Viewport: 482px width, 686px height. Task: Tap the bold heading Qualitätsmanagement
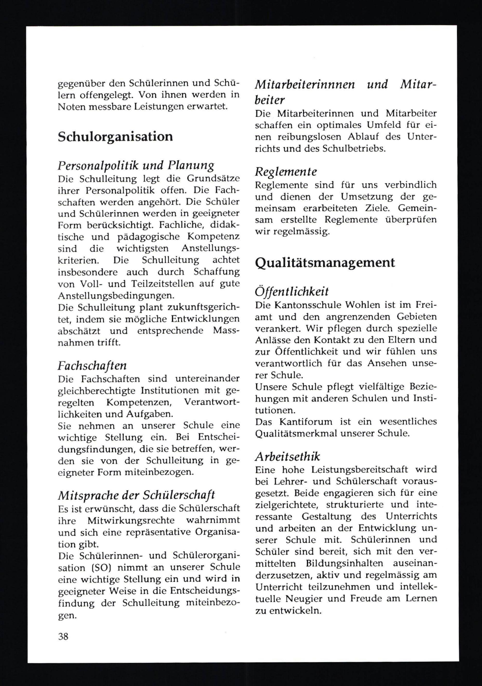click(325, 263)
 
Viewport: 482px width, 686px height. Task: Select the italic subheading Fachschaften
click(92, 365)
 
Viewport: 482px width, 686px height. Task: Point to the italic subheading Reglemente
click(286, 172)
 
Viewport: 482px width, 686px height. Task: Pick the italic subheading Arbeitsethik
click(288, 456)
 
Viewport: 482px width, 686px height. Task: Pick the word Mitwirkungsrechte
click(131, 520)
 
